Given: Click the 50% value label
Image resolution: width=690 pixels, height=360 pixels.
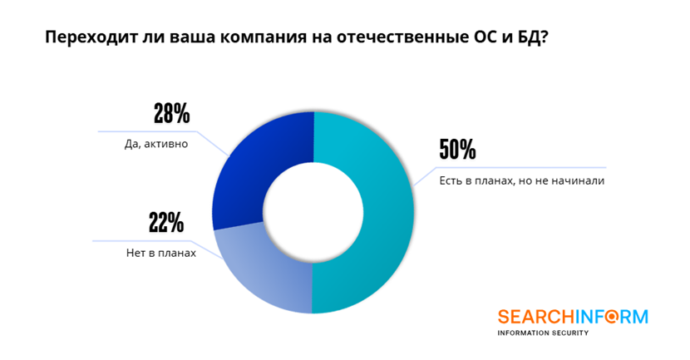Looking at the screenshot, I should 457,150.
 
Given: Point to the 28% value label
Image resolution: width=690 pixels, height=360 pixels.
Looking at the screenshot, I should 172,113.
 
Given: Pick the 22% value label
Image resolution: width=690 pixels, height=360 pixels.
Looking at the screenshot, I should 165,223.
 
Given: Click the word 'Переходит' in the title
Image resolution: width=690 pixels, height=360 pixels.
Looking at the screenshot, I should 85,38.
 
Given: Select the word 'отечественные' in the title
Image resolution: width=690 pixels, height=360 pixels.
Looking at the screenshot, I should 396,38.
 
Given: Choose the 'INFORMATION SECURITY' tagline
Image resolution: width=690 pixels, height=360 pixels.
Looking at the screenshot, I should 542,333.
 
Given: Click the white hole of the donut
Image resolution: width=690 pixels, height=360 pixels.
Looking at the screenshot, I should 313,213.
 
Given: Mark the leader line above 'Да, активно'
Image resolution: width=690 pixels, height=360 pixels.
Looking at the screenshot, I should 150,131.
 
